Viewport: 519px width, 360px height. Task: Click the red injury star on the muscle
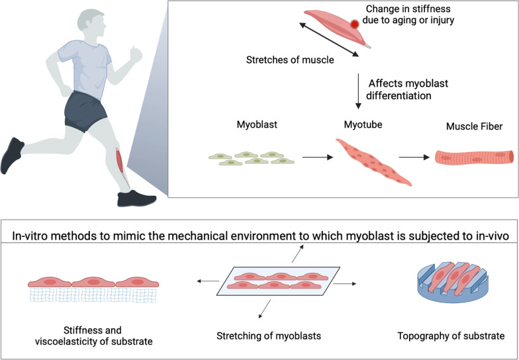point(352,24)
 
